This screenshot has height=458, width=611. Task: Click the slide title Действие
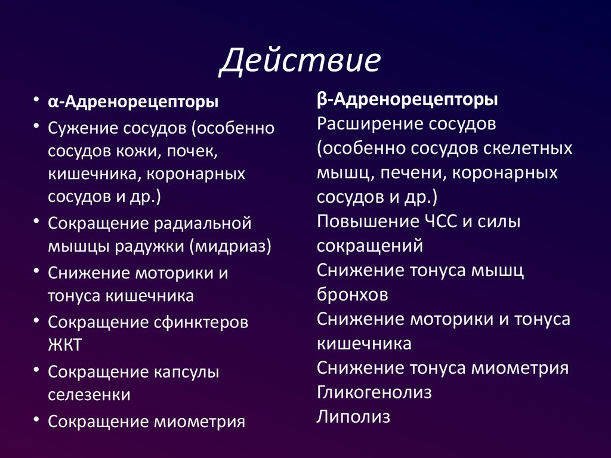pyautogui.click(x=301, y=62)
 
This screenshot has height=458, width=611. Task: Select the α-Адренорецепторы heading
pyautogui.click(x=133, y=103)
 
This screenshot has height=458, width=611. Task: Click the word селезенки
pyautogui.click(x=90, y=395)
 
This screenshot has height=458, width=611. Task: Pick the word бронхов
pyautogui.click(x=353, y=295)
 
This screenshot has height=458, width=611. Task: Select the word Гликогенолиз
pyautogui.click(x=375, y=392)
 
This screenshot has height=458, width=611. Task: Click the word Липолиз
pyautogui.click(x=354, y=416)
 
